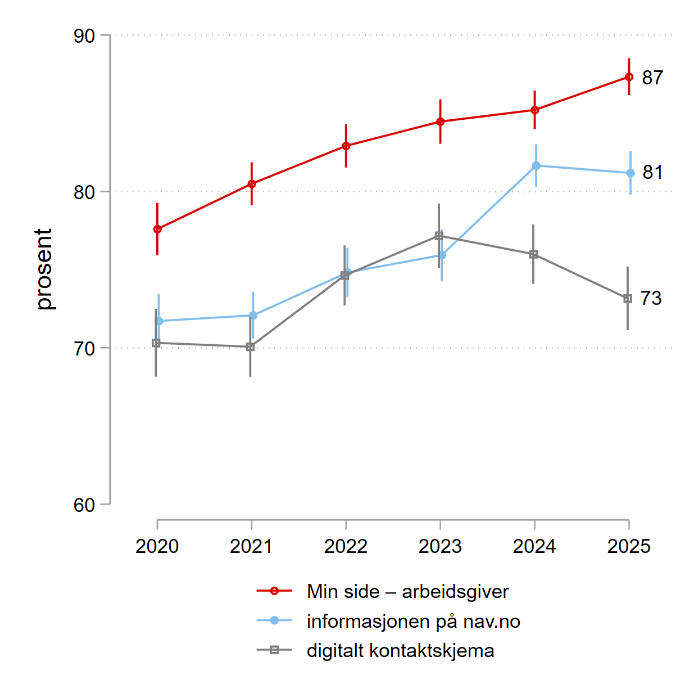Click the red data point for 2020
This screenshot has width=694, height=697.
tap(157, 229)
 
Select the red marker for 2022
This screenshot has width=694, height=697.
tap(346, 146)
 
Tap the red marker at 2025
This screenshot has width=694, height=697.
tap(629, 77)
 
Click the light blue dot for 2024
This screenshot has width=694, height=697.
tap(536, 165)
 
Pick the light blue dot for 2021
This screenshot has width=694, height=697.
tap(253, 316)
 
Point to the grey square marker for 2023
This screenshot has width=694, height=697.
tap(439, 236)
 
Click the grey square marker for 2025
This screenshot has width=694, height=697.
tap(628, 299)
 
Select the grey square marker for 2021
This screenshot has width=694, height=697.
tap(251, 347)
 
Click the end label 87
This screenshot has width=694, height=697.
tap(652, 78)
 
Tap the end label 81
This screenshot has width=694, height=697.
tap(652, 172)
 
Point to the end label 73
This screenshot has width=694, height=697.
tap(651, 298)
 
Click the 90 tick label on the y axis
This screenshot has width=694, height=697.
tap(84, 36)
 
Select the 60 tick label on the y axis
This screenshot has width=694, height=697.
tap(84, 505)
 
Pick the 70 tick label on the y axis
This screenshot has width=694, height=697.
tap(84, 349)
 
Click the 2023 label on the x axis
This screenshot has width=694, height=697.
tap(440, 546)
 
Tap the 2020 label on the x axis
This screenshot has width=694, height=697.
tap(157, 546)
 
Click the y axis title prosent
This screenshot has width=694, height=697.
tap(43, 269)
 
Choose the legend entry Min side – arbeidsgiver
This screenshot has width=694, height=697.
tap(407, 591)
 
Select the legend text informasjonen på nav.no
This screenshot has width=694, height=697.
tap(413, 621)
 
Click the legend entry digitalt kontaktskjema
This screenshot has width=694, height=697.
tap(400, 651)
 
